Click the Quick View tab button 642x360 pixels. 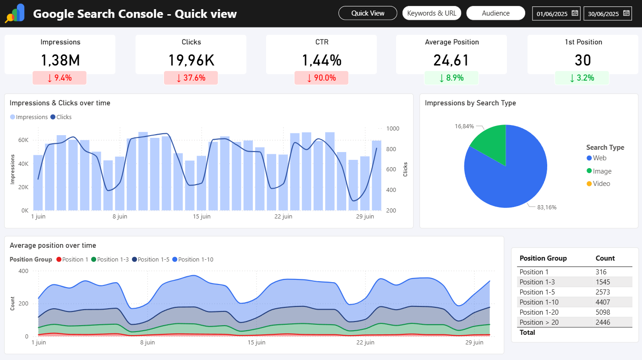[368, 13]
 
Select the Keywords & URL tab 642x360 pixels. [431, 13]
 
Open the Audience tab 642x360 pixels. [495, 13]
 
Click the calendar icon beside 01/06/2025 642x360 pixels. [575, 13]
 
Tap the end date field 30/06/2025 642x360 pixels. [603, 14]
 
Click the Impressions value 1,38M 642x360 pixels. [60, 60]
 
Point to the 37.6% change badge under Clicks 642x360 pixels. [191, 78]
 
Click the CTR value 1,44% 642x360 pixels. [321, 60]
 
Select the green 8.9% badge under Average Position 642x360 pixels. [452, 78]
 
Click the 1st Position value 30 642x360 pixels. [582, 60]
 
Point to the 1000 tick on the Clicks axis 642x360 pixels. [392, 129]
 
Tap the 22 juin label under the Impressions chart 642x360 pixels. [283, 216]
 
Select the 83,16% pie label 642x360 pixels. [547, 207]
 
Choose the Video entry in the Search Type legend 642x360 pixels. [601, 184]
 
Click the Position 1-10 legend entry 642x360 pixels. [196, 259]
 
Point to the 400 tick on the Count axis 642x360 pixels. [23, 271]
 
